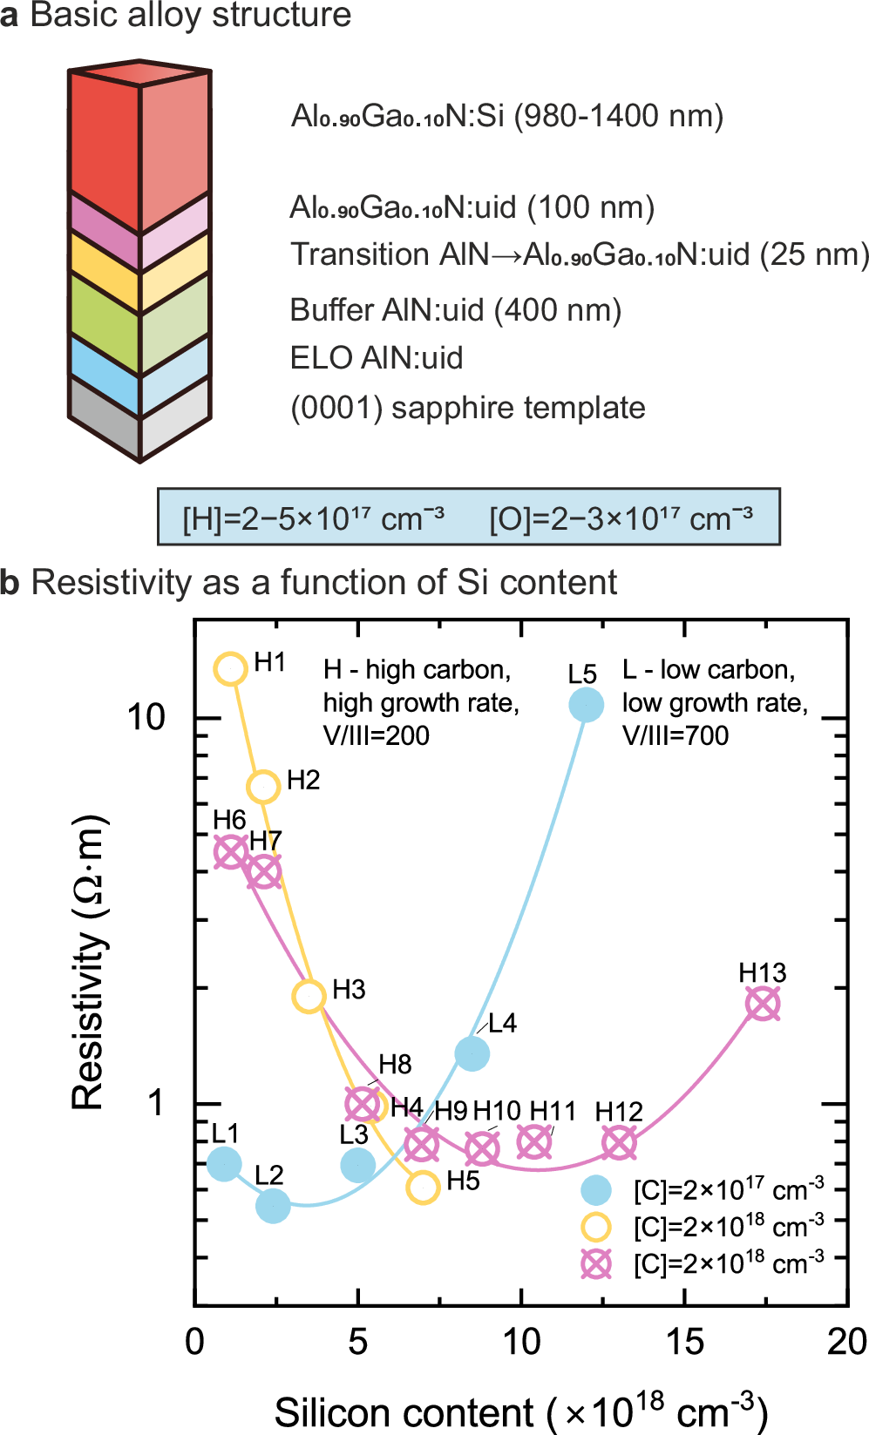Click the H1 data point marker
coord(231,668)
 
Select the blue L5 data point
coord(586,704)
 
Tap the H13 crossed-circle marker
coord(763,1004)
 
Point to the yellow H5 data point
coord(423,1187)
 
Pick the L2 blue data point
coord(273,1206)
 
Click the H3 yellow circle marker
coord(309,995)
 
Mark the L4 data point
coord(472,1053)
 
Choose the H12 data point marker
coord(619,1142)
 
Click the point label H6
coord(229,820)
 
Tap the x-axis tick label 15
coord(684,1343)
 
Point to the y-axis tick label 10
coord(146,718)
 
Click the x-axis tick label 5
coord(357,1343)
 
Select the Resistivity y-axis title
coord(88,963)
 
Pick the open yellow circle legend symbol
coord(596,1227)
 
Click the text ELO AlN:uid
coord(376,358)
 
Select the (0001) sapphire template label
coord(467,408)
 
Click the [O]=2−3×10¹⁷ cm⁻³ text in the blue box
coord(621,518)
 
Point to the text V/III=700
coord(675,736)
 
